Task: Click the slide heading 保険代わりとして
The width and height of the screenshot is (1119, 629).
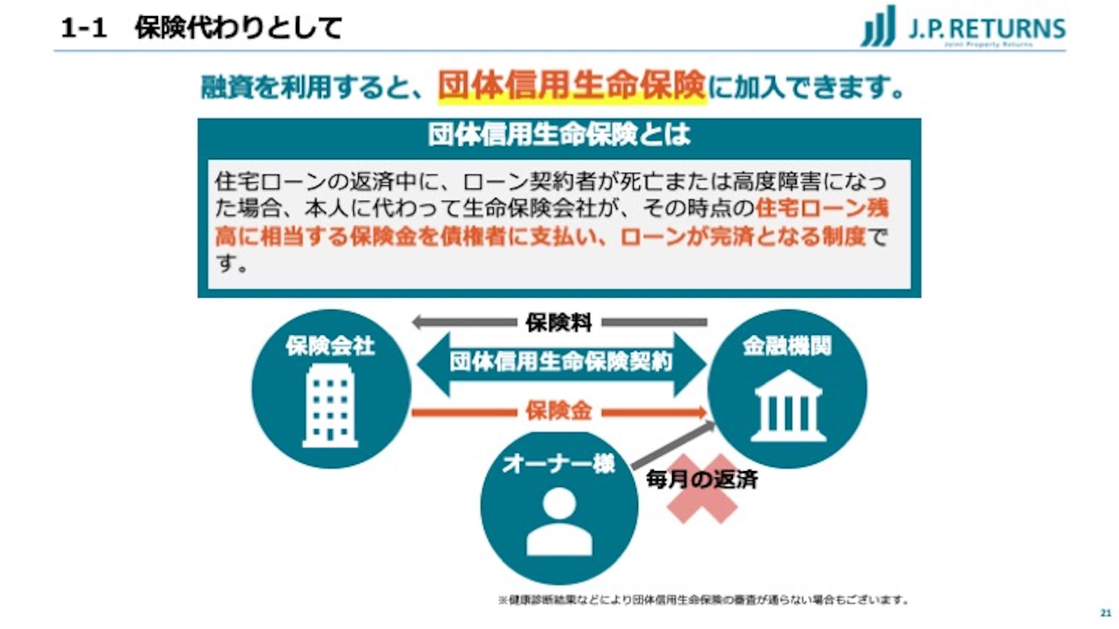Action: tap(238, 29)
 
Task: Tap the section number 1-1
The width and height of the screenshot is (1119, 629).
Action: tap(83, 29)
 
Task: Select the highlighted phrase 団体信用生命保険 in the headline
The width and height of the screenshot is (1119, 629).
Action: tap(572, 86)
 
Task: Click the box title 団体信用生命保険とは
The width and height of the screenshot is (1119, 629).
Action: tap(559, 134)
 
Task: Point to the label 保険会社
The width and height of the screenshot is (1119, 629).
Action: tap(330, 346)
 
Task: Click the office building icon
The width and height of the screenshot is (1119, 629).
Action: tap(330, 406)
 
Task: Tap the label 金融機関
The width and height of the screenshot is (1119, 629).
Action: tap(787, 346)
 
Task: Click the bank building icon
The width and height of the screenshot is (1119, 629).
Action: tap(787, 407)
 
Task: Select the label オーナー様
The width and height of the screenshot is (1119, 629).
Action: tap(558, 463)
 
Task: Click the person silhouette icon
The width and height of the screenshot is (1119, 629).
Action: tap(559, 521)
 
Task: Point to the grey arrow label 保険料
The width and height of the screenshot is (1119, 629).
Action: tap(559, 323)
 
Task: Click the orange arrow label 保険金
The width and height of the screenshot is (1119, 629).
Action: tap(559, 411)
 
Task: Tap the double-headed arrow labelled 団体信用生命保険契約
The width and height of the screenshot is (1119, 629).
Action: tap(560, 362)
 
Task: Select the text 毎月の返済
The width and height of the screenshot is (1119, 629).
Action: tap(701, 479)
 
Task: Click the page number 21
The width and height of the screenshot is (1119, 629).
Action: tap(1106, 613)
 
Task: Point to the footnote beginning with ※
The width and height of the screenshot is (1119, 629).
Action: tap(703, 600)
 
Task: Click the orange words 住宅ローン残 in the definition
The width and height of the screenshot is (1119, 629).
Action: tap(822, 208)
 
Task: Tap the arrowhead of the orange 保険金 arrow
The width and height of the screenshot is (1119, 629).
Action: tap(699, 412)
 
